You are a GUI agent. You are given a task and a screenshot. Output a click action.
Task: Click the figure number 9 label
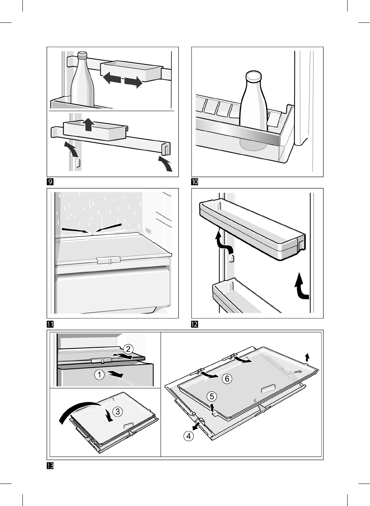[x=50, y=182]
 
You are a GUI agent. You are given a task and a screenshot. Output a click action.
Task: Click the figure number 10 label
[x=195, y=182]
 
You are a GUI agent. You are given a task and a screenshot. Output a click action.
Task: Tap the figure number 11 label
[x=50, y=324]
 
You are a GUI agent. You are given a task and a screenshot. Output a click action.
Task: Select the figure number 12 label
[x=195, y=324]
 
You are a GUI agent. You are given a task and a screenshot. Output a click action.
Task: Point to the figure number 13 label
[x=50, y=466]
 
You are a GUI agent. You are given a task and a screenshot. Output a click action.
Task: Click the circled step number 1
[x=99, y=374]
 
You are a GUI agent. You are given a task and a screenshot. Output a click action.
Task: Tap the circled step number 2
[x=128, y=349]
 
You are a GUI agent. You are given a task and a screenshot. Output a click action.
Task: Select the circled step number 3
[x=118, y=412]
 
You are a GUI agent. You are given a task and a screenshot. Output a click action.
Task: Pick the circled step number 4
[x=188, y=436]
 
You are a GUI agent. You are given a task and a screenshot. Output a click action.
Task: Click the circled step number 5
[x=211, y=396]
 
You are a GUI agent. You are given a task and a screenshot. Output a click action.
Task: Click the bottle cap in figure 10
[x=254, y=76]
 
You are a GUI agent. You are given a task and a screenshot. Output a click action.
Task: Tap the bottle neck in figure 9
[x=82, y=59]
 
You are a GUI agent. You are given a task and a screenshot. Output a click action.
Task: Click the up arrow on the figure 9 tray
[x=89, y=125]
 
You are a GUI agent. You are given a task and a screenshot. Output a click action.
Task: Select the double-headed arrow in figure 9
[x=123, y=80]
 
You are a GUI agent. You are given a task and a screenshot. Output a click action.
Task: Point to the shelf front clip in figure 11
[x=109, y=260]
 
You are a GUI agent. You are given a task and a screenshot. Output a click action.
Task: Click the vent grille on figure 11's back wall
[x=149, y=231]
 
